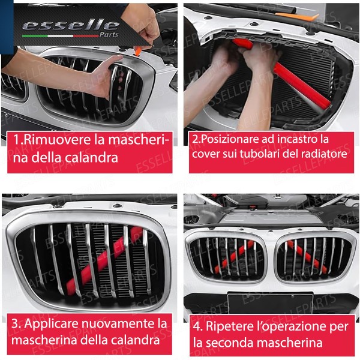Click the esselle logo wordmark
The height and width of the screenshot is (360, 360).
70,26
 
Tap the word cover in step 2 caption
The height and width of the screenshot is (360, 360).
207,155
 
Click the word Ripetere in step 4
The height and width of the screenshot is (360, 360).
231,328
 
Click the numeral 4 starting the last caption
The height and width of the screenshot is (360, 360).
197,328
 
